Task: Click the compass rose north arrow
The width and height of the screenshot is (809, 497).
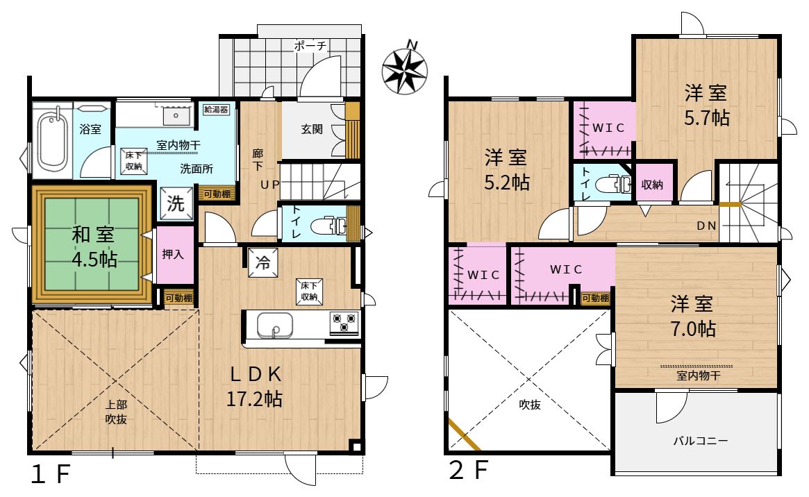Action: (405, 71)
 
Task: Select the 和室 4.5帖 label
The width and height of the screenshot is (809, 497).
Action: (94, 247)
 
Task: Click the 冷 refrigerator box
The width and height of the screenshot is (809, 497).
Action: (262, 262)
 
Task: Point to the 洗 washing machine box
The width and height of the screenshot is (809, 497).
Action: (176, 203)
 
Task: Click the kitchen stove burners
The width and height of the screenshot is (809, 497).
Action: (344, 323)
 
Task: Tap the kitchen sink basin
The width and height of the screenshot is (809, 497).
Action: (275, 325)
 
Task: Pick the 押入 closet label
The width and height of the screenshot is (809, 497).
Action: (173, 254)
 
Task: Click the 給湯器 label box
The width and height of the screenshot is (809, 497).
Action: (216, 109)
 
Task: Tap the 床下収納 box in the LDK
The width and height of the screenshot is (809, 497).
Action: (310, 292)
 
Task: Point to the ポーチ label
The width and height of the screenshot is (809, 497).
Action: (310, 46)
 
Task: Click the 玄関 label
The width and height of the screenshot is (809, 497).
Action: (312, 129)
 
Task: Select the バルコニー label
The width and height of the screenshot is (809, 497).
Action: (700, 441)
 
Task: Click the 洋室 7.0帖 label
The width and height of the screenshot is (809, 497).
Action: (692, 316)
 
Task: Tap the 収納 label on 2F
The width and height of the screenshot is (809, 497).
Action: (652, 184)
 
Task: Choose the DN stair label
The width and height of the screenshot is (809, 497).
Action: (707, 226)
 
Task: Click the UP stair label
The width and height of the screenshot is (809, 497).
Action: (270, 184)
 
